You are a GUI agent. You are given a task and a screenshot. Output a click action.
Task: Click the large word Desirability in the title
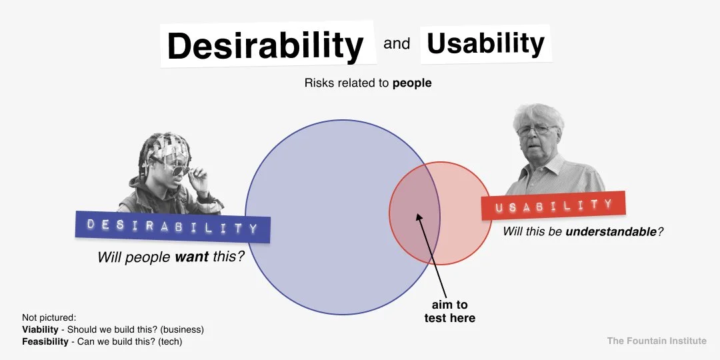(265, 46)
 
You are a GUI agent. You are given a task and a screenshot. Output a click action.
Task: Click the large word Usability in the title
(485, 43)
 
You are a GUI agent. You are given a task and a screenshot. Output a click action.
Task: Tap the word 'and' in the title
(397, 44)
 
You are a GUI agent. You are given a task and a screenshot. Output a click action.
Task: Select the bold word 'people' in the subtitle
(412, 83)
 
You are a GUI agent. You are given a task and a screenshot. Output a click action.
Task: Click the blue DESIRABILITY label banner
(173, 227)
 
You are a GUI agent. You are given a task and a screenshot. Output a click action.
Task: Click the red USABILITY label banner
(553, 206)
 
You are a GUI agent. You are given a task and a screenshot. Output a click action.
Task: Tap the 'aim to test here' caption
(449, 311)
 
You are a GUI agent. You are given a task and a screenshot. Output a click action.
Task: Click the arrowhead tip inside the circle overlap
(417, 215)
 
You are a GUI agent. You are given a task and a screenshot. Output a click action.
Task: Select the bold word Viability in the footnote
(40, 329)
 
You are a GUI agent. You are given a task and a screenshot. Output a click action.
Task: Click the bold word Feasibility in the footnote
(44, 341)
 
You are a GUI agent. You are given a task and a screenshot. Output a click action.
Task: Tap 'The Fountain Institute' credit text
(656, 341)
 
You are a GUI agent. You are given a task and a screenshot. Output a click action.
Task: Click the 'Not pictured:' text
(49, 317)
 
